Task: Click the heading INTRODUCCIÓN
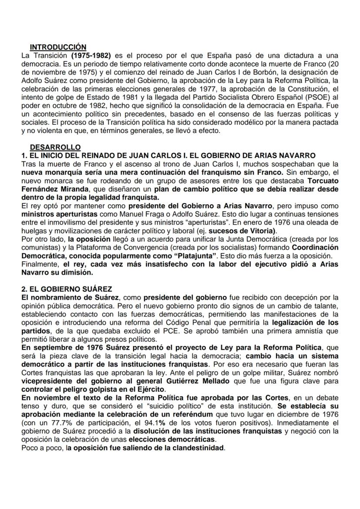58,47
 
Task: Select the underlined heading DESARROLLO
55,148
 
